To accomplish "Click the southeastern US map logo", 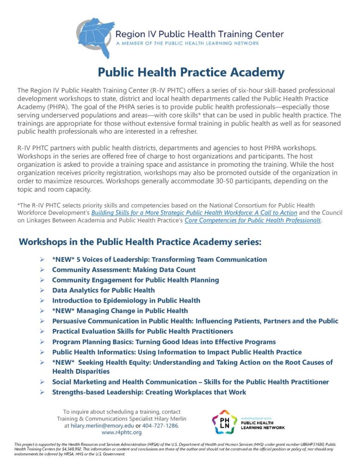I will pyautogui.click(x=94, y=37).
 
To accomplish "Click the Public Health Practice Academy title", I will pyautogui.click(x=191, y=72).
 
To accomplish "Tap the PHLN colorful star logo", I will pyautogui.click(x=224, y=422).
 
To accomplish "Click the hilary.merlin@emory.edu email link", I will pyautogui.click(x=96, y=425).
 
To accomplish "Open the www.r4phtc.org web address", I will pyautogui.click(x=122, y=432).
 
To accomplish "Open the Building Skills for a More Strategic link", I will pyautogui.click(x=194, y=213).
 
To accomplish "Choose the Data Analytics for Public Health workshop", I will pyautogui.click(x=103, y=290).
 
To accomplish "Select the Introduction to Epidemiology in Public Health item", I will pyautogui.click(x=126, y=300).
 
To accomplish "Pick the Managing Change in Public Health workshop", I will pyautogui.click(x=120, y=311).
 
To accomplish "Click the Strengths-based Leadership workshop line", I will pyautogui.click(x=149, y=392).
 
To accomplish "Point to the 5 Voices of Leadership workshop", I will pyautogui.click(x=159, y=259).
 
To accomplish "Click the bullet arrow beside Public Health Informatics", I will pyautogui.click(x=42, y=352).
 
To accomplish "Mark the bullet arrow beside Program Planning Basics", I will pyautogui.click(x=42, y=342).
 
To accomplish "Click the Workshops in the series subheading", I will pyautogui.click(x=140, y=242).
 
